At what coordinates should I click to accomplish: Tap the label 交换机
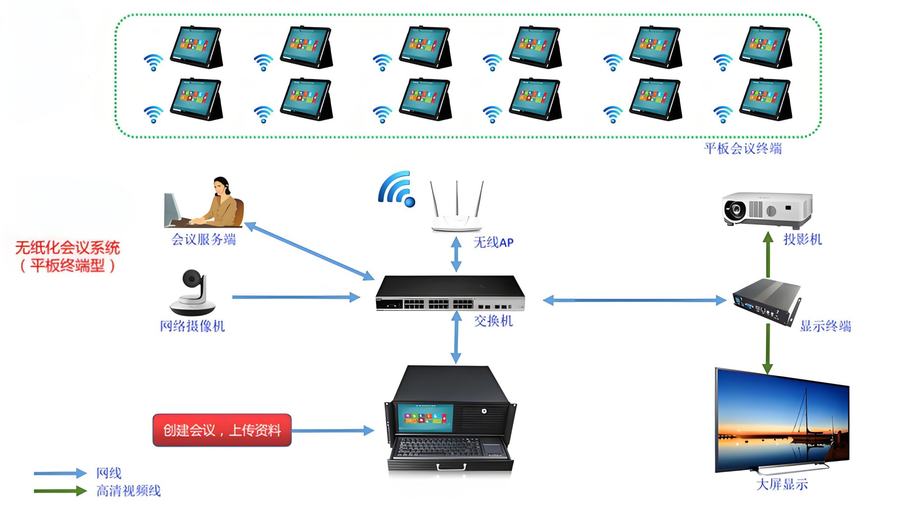(x=493, y=321)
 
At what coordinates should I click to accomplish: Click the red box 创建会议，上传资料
(x=222, y=430)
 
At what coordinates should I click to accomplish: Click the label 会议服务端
(x=203, y=239)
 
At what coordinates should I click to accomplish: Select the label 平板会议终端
(x=743, y=149)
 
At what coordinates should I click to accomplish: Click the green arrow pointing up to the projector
(x=768, y=255)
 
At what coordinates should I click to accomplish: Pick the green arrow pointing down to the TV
(x=768, y=348)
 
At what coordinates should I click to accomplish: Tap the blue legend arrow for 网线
(x=60, y=473)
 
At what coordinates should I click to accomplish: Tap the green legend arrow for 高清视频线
(x=60, y=491)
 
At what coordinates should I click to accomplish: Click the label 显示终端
(x=825, y=326)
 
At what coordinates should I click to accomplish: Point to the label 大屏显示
(x=782, y=484)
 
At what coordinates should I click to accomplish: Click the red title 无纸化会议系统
(x=68, y=247)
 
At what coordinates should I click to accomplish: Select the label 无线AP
(x=493, y=242)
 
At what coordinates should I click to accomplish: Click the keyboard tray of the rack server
(x=450, y=449)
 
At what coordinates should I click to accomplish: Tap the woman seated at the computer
(x=224, y=203)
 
